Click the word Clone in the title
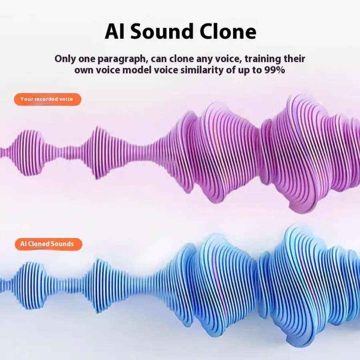click(x=228, y=32)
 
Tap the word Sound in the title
click(x=162, y=32)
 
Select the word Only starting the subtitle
click(x=65, y=59)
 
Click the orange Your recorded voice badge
click(x=48, y=100)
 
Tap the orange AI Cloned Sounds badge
click(x=48, y=244)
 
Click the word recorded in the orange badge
click(x=46, y=99)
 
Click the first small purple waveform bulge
click(x=29, y=152)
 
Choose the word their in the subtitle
click(x=294, y=59)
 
